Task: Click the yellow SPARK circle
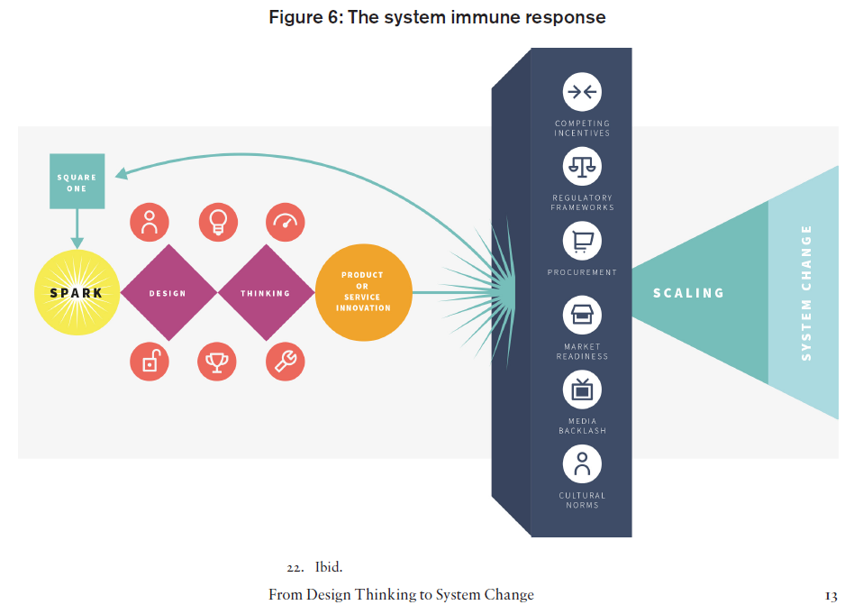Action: coord(77,293)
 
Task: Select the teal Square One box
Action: coord(77,182)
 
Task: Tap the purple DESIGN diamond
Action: coord(168,293)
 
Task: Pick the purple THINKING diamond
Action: coord(266,293)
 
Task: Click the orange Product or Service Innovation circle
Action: coord(363,292)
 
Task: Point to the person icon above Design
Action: coord(150,223)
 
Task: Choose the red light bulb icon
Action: coord(217,223)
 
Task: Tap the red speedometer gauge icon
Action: coord(286,223)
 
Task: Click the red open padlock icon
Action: coord(150,362)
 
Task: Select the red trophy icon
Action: coord(217,362)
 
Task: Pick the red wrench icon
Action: coord(286,362)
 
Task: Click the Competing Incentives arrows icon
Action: coord(582,92)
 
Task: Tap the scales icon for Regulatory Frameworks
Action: coord(582,166)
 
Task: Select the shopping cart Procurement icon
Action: coord(582,241)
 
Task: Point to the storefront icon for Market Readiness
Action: coord(582,316)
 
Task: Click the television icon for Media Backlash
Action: coord(582,390)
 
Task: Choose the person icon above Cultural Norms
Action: coord(582,464)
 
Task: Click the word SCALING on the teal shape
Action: coord(688,293)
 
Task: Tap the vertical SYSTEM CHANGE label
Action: coord(806,293)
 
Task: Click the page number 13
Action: coord(831,595)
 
